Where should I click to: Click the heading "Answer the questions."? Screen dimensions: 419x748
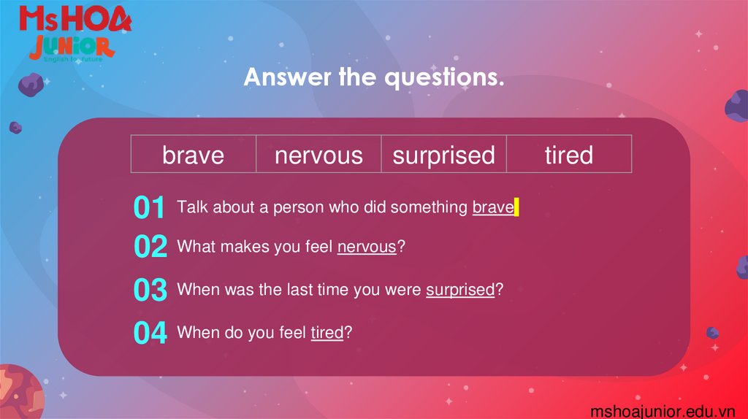374,77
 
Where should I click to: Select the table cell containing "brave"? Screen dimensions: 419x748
194,155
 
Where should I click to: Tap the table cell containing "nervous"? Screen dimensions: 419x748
318,155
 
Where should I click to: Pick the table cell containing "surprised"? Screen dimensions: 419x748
443,155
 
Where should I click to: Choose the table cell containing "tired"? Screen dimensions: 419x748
568,155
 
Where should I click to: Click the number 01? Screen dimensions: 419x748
150,208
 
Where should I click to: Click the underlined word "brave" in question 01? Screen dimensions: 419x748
493,207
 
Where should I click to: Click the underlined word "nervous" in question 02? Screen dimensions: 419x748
367,247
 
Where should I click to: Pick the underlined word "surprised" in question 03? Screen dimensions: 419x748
460,290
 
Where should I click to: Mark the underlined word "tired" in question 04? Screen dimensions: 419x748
327,333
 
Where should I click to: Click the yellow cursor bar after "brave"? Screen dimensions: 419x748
516,207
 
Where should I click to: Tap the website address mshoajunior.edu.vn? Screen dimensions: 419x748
663,411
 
